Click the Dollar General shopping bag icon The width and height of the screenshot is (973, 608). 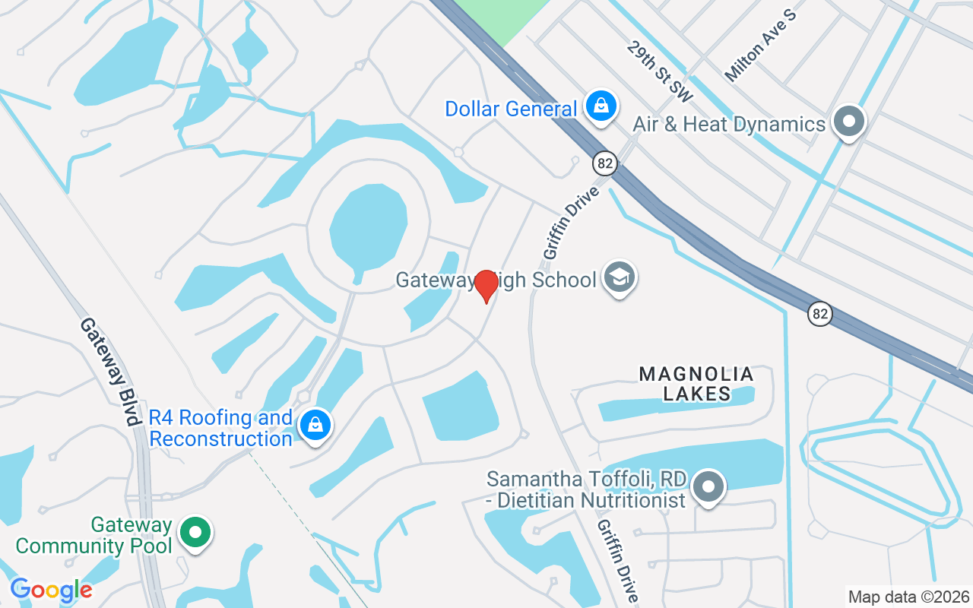pyautogui.click(x=601, y=107)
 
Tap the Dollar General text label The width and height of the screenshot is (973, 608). pyautogui.click(x=511, y=109)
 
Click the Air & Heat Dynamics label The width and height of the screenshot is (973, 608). pyautogui.click(x=729, y=124)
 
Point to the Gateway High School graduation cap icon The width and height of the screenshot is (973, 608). pyautogui.click(x=620, y=278)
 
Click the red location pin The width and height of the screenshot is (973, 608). pyautogui.click(x=486, y=286)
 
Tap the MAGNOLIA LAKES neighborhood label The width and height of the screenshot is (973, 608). pyautogui.click(x=696, y=384)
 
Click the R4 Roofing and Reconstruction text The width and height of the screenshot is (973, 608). pyautogui.click(x=220, y=428)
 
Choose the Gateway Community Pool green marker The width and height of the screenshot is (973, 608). pyautogui.click(x=196, y=534)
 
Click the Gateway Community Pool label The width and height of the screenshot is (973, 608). pyautogui.click(x=93, y=535)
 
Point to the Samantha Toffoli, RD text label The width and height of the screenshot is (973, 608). pyautogui.click(x=587, y=489)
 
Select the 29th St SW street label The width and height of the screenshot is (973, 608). pyautogui.click(x=661, y=71)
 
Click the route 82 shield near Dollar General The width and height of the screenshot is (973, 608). pyautogui.click(x=605, y=163)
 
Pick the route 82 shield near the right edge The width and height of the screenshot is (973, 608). pyautogui.click(x=819, y=313)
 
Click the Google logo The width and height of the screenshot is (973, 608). pyautogui.click(x=51, y=590)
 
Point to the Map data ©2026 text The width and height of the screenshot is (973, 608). pyautogui.click(x=908, y=597)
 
